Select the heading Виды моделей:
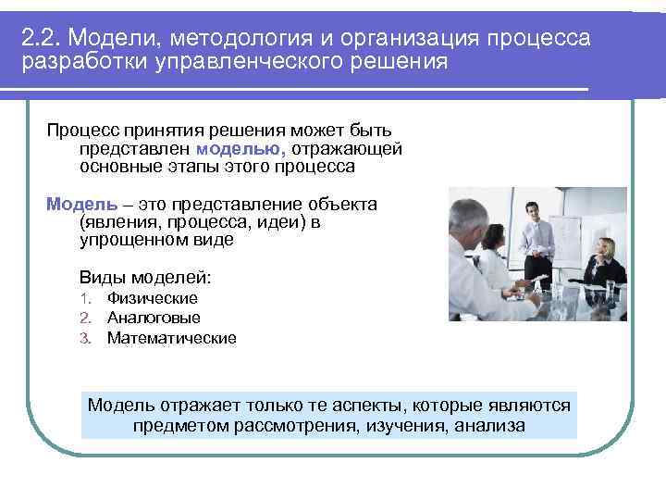(x=145, y=277)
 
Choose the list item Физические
(x=152, y=298)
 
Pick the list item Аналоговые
(x=153, y=318)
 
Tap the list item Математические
(x=171, y=338)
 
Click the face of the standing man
(x=529, y=209)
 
